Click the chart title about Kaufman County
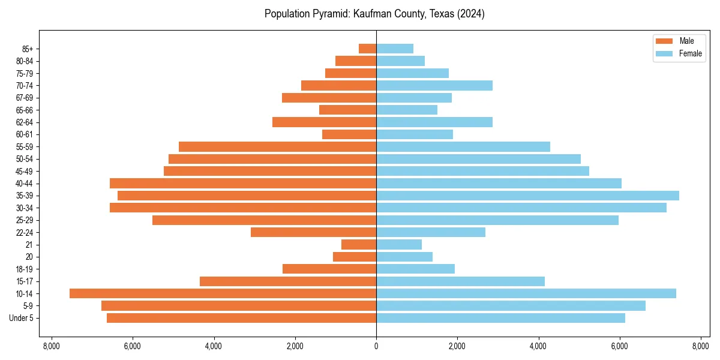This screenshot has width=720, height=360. click(x=374, y=14)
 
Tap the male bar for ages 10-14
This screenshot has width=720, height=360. click(x=223, y=293)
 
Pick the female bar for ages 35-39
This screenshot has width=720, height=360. click(x=527, y=196)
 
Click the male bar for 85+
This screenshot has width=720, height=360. click(x=367, y=49)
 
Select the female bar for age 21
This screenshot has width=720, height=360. click(x=399, y=244)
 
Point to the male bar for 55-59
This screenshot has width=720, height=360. click(x=277, y=146)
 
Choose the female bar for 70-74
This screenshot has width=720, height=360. click(x=434, y=85)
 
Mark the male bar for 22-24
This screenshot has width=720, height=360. click(x=313, y=232)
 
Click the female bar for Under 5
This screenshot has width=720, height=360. click(x=500, y=318)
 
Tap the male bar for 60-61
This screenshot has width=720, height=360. click(x=349, y=134)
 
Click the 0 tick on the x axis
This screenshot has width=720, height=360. click(x=376, y=346)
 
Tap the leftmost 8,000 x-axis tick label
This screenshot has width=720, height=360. click(x=51, y=346)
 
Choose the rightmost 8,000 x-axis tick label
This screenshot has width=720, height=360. click(x=701, y=346)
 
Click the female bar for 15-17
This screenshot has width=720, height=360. click(x=460, y=281)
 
